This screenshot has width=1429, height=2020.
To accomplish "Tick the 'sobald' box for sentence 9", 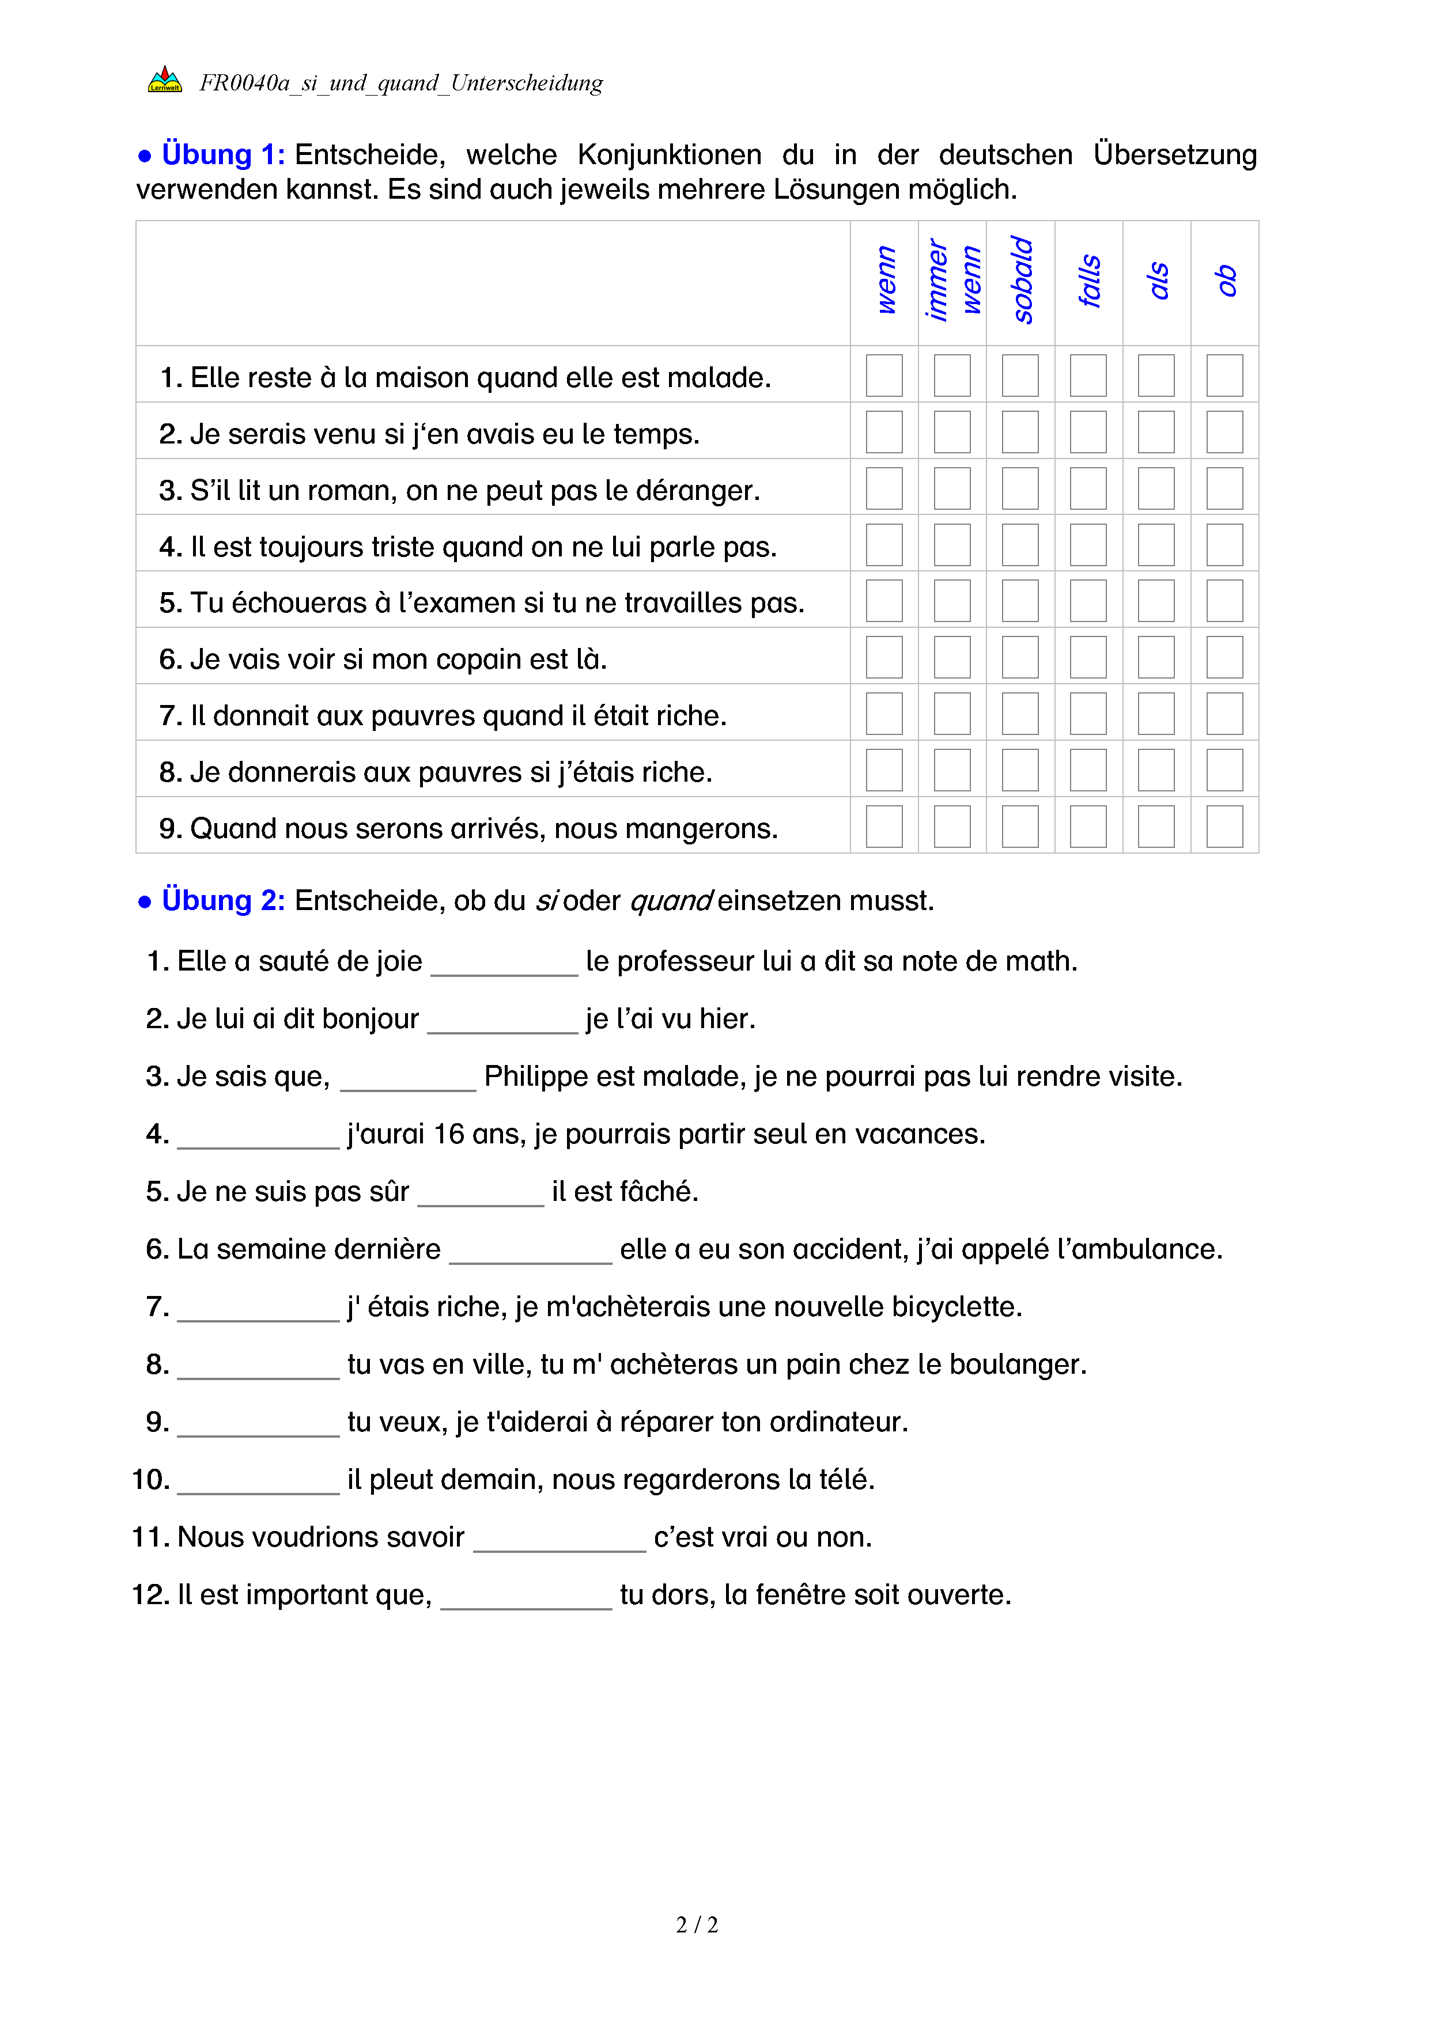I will click(1020, 826).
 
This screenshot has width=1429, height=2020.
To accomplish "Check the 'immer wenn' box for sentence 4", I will click(951, 544).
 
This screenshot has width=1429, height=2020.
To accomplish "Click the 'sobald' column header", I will click(1020, 281).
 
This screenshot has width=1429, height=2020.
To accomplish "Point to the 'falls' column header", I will click(1088, 281).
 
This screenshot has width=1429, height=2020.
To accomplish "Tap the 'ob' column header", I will click(1225, 281).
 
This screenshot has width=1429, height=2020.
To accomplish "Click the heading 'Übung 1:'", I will click(222, 155).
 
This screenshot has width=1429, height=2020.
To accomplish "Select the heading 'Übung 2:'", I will click(222, 901).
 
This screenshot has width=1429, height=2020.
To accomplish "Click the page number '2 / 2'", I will click(697, 1925).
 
